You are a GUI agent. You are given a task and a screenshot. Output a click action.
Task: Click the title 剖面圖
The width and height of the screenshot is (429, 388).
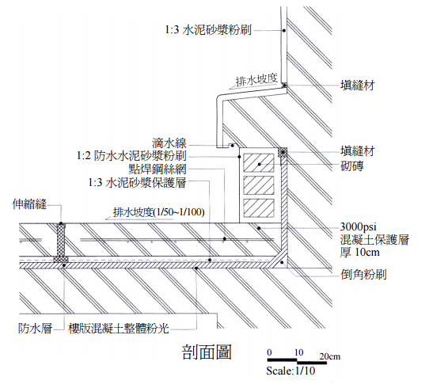click(x=207, y=352)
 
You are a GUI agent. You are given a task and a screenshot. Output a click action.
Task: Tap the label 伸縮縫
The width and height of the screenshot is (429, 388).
click(x=29, y=204)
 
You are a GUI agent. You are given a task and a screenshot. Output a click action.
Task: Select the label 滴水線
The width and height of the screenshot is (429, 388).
click(x=169, y=143)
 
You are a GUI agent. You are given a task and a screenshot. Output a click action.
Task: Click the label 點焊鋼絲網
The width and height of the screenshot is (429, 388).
click(x=158, y=169)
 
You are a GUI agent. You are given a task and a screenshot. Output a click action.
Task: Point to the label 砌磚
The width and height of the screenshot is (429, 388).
click(x=352, y=166)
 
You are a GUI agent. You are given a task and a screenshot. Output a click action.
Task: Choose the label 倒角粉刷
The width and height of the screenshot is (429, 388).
click(x=363, y=274)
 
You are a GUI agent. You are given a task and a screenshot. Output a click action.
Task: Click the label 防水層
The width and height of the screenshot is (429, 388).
click(x=35, y=328)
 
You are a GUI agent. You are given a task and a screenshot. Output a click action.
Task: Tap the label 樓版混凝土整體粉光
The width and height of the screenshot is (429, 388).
click(x=119, y=328)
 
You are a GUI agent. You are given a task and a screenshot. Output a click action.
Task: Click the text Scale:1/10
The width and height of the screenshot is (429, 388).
click(x=290, y=371)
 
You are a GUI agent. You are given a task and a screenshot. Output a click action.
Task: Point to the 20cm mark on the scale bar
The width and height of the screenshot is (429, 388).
click(x=330, y=356)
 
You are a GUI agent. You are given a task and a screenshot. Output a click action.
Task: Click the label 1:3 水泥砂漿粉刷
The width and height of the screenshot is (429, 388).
click(x=208, y=30)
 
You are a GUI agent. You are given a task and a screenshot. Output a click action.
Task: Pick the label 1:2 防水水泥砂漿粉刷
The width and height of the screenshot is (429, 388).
click(x=131, y=156)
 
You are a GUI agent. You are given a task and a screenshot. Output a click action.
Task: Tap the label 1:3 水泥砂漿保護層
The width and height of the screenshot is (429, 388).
click(x=137, y=182)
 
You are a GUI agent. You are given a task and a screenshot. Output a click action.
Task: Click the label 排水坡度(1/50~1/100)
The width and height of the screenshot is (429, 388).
click(x=158, y=212)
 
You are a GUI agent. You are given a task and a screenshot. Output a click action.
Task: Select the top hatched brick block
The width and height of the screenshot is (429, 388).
click(x=259, y=163)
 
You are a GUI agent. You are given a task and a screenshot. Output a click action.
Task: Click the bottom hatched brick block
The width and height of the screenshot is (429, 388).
click(x=259, y=208)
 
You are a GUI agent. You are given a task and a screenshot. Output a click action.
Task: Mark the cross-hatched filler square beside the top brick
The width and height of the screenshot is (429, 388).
click(x=283, y=152)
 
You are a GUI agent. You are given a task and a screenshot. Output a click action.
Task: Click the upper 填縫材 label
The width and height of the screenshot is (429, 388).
click(x=357, y=86)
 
